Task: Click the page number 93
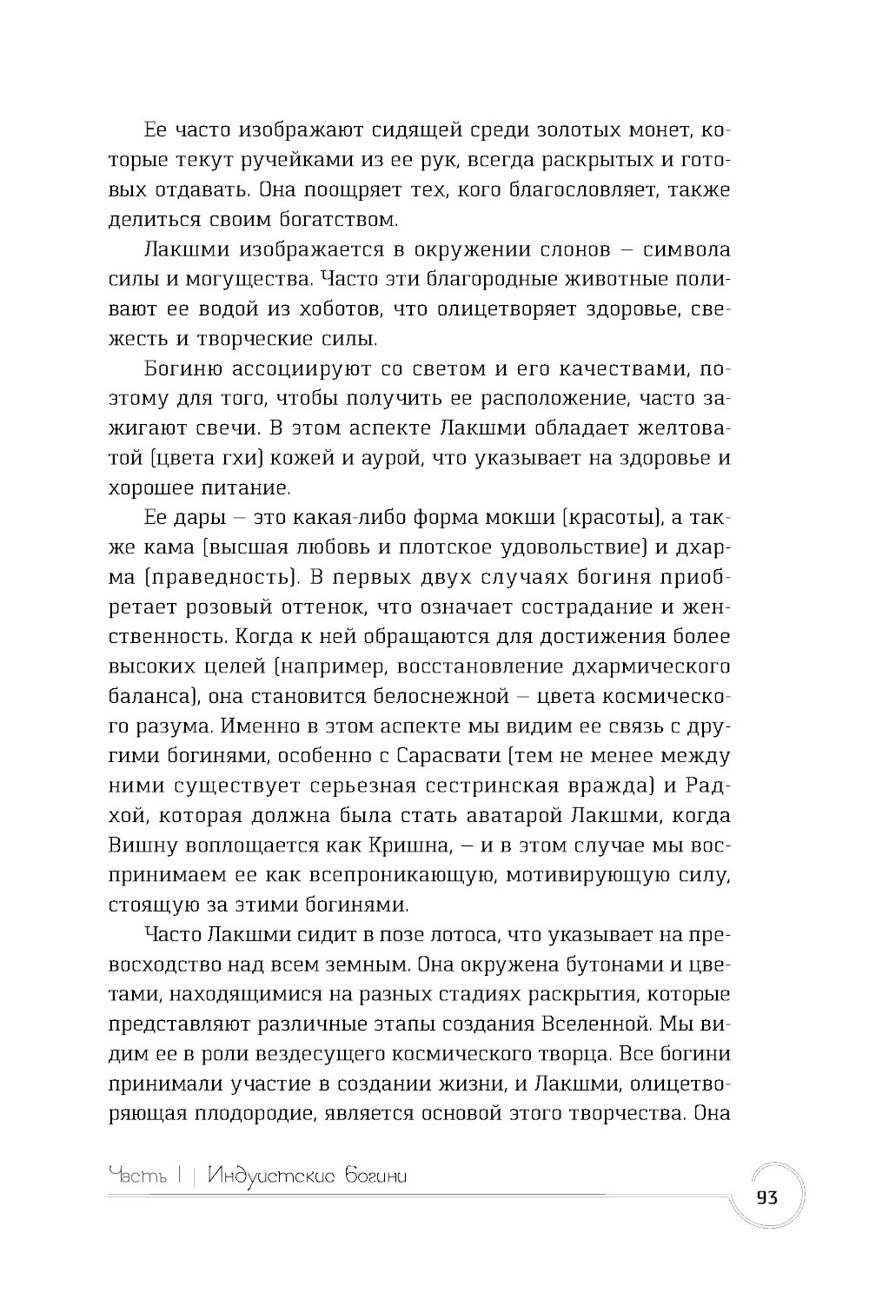pos(766,1197)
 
